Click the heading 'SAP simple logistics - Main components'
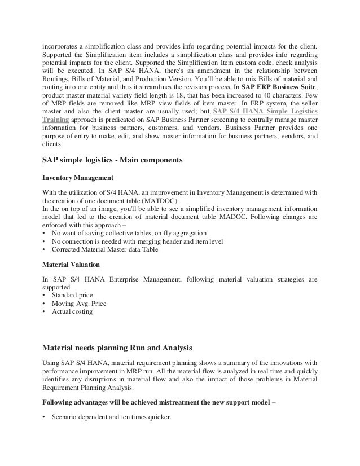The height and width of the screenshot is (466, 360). [x=112, y=160]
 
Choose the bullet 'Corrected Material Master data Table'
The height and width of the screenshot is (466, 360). [x=105, y=249]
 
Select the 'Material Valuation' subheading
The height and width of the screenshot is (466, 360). [x=71, y=264]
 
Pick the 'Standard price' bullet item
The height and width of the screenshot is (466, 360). [x=72, y=295]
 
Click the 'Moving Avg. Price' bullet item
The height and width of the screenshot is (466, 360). [x=78, y=303]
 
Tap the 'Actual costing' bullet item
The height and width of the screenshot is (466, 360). [x=72, y=311]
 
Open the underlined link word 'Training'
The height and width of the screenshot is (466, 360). [x=56, y=120]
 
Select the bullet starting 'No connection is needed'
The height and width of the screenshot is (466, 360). [x=137, y=241]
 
